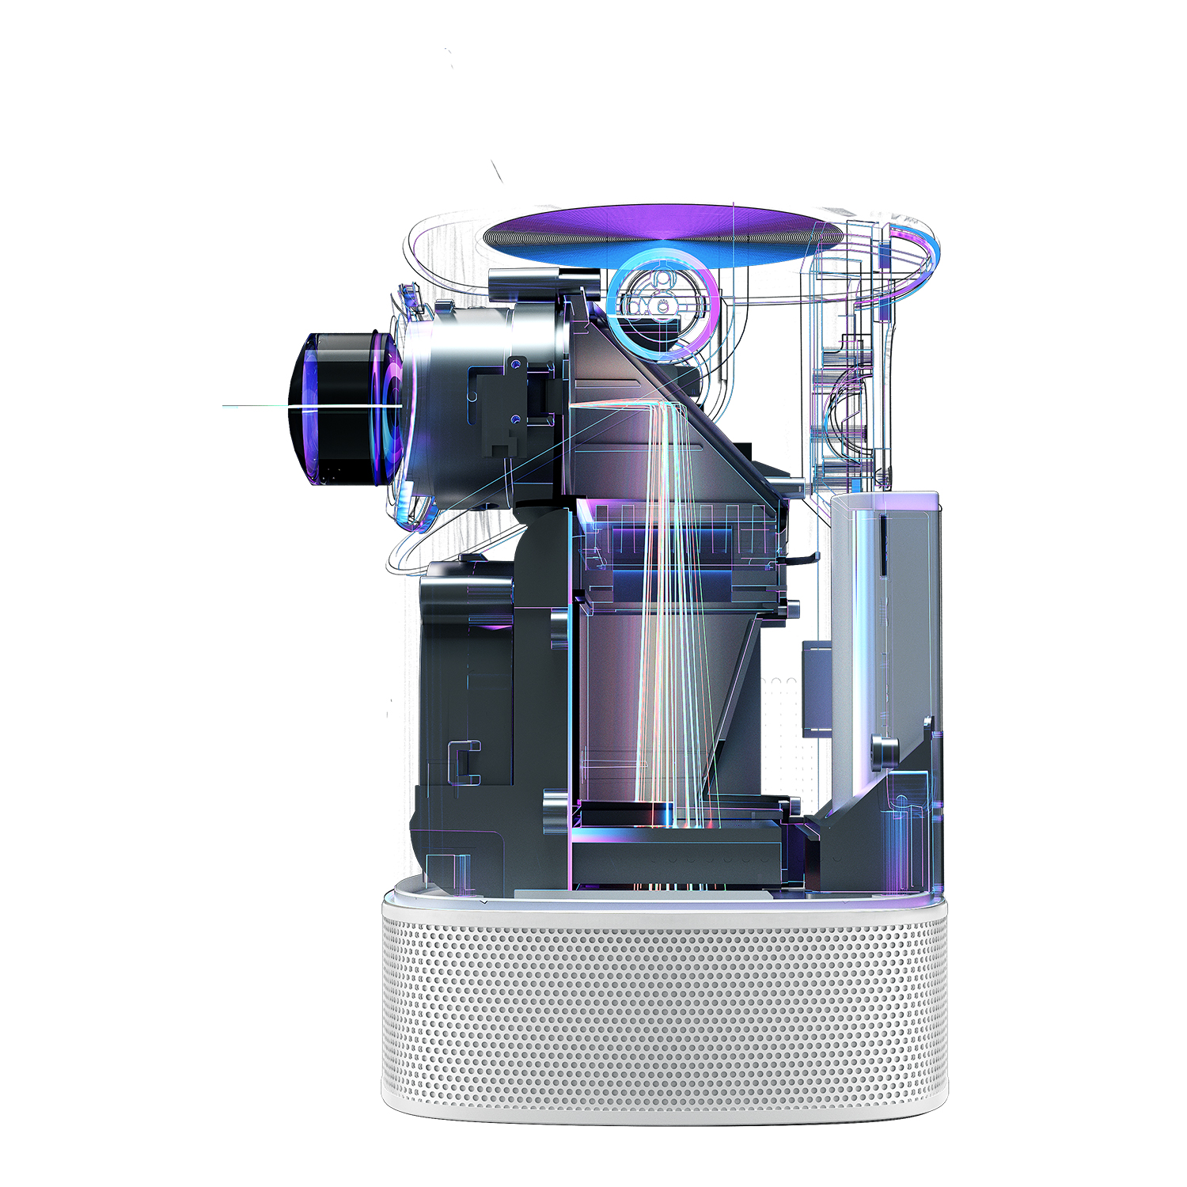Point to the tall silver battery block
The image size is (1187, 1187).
886,617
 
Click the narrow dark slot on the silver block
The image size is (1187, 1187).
881,546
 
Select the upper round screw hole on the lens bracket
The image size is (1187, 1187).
516,364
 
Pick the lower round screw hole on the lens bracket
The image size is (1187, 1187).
516,418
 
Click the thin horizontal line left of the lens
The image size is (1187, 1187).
253,406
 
